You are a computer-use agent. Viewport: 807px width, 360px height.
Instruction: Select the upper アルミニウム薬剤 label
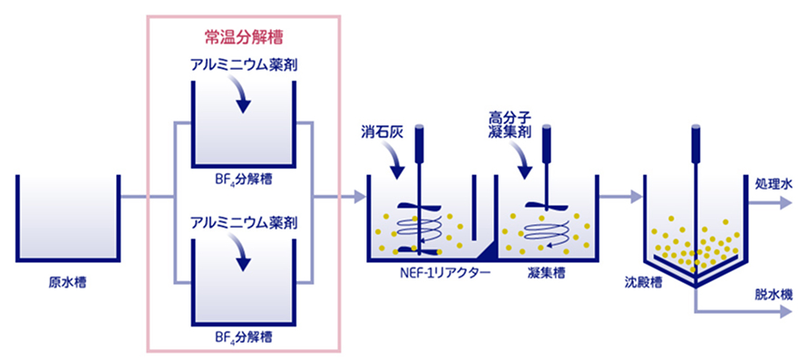tap(243, 67)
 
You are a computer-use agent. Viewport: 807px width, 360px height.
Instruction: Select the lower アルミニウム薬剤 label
tap(243, 223)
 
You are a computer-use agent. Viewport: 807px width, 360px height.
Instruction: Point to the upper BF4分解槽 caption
tap(243, 180)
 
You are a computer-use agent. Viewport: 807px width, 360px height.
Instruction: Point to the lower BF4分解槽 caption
tap(243, 338)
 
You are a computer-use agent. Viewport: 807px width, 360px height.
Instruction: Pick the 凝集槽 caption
tap(546, 272)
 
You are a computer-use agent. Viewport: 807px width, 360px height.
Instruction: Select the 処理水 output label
tap(774, 183)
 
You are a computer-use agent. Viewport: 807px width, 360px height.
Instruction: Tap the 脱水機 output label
tap(774, 295)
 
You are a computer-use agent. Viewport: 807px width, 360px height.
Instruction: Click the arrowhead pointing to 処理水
tap(786, 203)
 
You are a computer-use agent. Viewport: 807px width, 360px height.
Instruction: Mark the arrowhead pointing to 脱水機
tap(786, 311)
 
